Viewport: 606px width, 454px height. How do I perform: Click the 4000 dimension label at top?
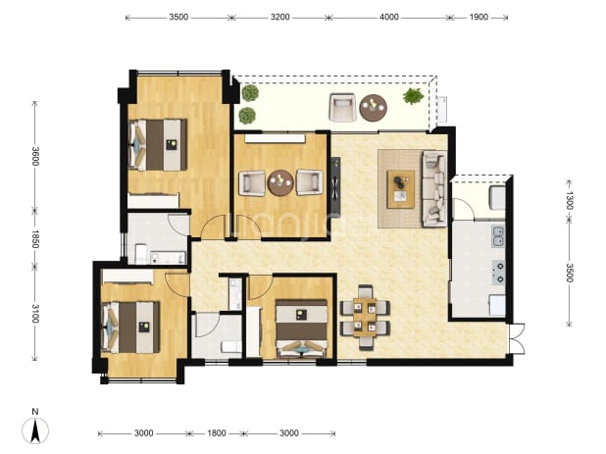coord(388,17)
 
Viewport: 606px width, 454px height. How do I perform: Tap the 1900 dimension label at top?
coord(479,17)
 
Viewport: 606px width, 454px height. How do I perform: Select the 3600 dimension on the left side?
coord(34,156)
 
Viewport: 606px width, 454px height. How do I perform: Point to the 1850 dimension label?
coord(34,239)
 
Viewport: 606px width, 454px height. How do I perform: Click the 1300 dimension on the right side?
coord(570,200)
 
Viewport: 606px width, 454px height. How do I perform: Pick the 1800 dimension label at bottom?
coord(217,433)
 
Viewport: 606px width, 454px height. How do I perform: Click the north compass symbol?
coord(35,429)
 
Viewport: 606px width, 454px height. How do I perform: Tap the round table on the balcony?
coord(373,108)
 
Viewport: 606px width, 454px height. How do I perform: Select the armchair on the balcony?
coord(342,108)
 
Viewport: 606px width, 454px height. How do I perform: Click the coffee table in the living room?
coord(401,189)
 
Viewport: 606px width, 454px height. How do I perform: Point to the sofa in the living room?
coord(434,188)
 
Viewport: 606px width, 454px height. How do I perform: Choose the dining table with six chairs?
coord(365,318)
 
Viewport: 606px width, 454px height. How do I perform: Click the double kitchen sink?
coord(498,236)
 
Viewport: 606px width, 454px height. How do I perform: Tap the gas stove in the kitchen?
coord(498,273)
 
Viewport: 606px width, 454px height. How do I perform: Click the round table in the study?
coord(280,182)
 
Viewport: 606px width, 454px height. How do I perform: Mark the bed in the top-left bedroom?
coord(157,145)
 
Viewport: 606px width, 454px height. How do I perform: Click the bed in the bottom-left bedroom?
coord(130,328)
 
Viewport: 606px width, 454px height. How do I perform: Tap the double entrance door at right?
coord(517,339)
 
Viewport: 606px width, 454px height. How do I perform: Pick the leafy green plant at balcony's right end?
coord(413,96)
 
